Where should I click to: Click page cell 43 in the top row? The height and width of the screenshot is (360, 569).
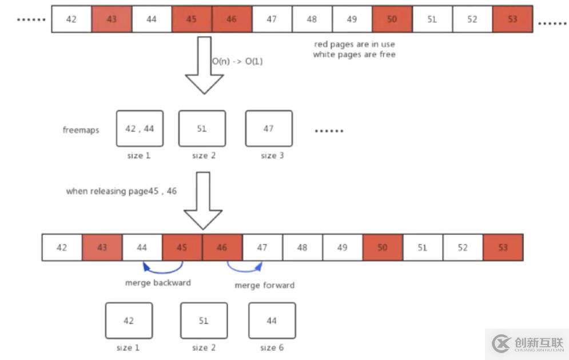click(x=112, y=19)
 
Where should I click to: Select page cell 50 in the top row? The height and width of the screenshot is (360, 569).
click(x=392, y=19)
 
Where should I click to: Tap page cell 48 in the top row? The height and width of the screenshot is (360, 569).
click(x=312, y=19)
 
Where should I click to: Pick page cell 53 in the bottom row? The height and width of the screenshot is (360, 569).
click(x=503, y=247)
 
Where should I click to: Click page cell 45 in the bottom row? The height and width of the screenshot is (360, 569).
click(x=182, y=247)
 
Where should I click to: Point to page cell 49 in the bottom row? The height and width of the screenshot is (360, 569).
click(x=342, y=247)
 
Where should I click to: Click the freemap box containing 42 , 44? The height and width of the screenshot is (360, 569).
click(x=140, y=129)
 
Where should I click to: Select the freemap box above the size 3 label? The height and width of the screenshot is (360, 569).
click(x=269, y=129)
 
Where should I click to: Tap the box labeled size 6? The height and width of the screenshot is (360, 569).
click(x=272, y=321)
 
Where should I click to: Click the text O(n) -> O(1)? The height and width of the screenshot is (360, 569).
click(x=237, y=61)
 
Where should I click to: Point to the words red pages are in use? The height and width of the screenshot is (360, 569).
click(x=354, y=44)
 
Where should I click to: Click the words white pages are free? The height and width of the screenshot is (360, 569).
click(x=354, y=54)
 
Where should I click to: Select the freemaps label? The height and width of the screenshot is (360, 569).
click(x=81, y=130)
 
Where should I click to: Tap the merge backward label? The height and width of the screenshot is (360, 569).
click(x=158, y=282)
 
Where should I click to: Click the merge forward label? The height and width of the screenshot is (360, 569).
click(x=265, y=285)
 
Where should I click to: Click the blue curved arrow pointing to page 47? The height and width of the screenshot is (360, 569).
click(x=245, y=267)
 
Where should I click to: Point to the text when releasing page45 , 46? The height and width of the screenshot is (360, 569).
click(x=121, y=191)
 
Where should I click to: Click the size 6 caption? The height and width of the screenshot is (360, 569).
click(x=272, y=347)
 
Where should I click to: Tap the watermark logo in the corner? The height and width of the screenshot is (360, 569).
click(x=502, y=343)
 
